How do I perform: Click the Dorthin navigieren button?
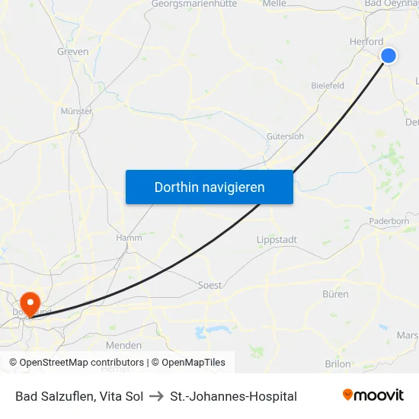pos(209,187)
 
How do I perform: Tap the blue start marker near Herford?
pos(389,55)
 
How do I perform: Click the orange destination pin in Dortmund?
pos(31,303)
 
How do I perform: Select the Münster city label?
pos(76,111)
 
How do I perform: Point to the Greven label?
pos(73,52)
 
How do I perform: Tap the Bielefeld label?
pos(328,85)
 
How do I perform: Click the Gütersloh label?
pos(285,136)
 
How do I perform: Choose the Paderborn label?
pos(389,221)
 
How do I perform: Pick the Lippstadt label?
pos(277,239)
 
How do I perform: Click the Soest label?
pos(209,285)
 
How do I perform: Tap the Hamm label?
pos(129,238)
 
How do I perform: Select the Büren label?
pos(335,294)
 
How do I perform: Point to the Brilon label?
pos(337,364)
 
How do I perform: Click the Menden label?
pos(123,345)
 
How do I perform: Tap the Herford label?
pos(366,42)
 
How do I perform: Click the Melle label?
pos(273,4)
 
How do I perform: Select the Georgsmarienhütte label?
pos(194,4)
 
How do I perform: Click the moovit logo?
pos(373,395)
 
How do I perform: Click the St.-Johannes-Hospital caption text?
pos(233,396)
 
